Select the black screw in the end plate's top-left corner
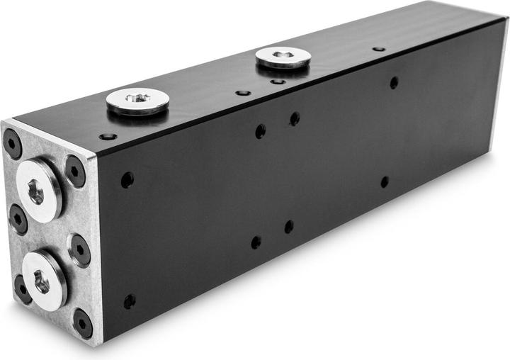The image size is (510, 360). [12, 144]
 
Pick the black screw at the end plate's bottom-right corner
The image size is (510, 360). [82, 324]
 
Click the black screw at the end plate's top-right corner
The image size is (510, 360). [75, 170]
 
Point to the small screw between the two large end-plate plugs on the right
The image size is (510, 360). [79, 250]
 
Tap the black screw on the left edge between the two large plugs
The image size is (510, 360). [18, 218]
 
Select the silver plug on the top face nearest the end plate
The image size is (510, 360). [137, 101]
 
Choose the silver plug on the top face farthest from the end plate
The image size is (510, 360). [283, 56]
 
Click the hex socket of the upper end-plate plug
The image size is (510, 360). [36, 189]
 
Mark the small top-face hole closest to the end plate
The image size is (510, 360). [108, 136]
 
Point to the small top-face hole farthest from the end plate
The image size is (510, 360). [379, 49]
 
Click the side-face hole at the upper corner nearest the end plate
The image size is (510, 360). [127, 180]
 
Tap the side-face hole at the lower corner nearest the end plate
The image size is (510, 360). [129, 301]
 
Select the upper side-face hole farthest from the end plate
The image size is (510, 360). [394, 83]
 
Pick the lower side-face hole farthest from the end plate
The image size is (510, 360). [385, 182]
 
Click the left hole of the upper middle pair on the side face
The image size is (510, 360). [261, 131]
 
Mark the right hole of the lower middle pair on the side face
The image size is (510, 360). [289, 227]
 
